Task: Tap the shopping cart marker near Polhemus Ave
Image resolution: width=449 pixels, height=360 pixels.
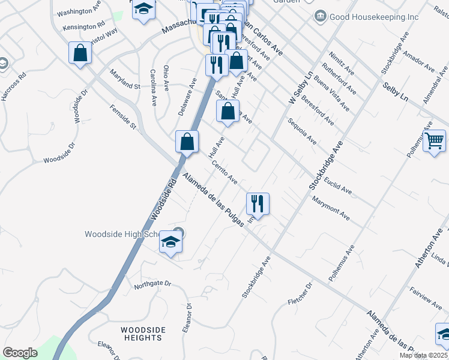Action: click(x=435, y=142)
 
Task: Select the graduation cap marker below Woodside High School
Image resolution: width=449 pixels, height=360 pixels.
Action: click(x=171, y=243)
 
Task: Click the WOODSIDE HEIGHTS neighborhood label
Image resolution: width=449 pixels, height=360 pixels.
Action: click(x=142, y=334)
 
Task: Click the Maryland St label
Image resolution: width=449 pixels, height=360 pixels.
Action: click(x=124, y=79)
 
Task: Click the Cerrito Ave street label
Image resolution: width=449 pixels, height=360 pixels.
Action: click(x=224, y=172)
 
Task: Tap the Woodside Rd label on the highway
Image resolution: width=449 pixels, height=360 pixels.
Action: click(x=163, y=203)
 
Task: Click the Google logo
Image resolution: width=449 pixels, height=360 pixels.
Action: click(x=20, y=352)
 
